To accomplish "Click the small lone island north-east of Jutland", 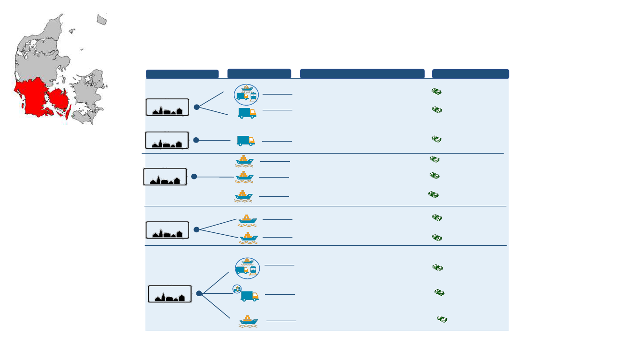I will click(101, 20).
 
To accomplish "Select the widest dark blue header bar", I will click(362, 73).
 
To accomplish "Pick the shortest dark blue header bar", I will click(259, 73).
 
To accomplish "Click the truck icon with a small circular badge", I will click(249, 296).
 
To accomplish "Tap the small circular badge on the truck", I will click(237, 288).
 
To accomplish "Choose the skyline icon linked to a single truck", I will click(167, 140).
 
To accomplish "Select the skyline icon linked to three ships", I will click(165, 177).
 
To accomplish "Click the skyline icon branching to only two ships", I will click(168, 230).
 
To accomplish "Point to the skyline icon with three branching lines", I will click(170, 294).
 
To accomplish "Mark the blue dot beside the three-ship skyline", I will click(194, 177).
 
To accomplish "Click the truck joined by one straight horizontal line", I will click(246, 141).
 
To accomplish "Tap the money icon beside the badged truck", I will click(439, 292).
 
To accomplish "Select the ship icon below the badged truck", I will click(249, 321).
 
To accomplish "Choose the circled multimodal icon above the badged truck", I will click(247, 268).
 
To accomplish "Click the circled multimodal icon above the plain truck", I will click(246, 95).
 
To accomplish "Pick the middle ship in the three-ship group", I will click(244, 177).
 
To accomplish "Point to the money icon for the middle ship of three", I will click(435, 176).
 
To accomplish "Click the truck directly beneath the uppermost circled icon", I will click(247, 113).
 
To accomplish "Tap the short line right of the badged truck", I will click(280, 294).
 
